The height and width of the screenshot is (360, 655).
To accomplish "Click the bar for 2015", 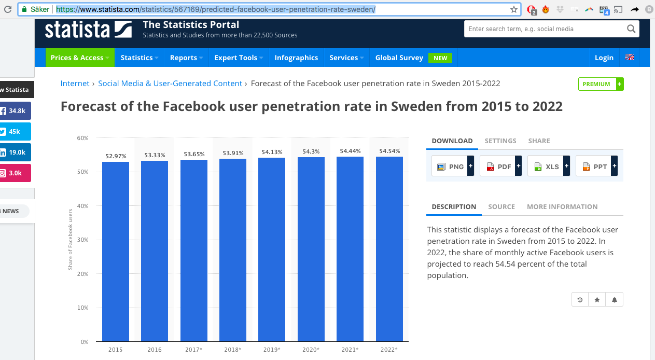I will coord(115,252).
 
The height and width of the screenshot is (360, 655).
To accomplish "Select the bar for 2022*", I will coord(389,249).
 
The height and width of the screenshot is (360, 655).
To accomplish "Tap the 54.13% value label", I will coord(272,152).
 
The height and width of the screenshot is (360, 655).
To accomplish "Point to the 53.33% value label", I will coord(155,155).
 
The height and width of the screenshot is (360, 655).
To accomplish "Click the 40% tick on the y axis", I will coord(82,206).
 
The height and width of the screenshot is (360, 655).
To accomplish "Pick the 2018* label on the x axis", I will coord(233,350).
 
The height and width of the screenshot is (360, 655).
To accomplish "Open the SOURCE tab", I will coord(501,206).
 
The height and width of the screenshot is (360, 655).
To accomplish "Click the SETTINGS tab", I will coord(500,141).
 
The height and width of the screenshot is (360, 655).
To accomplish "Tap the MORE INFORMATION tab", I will coord(562,206).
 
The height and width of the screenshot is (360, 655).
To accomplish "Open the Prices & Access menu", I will coord(80,58).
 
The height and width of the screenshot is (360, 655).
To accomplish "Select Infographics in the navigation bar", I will coord(296,58).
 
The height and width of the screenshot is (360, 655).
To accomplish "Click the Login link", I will coord(604,58).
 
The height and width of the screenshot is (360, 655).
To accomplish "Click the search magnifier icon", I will coord(631,29).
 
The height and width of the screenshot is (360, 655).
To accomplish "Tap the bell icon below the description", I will coord(614,300).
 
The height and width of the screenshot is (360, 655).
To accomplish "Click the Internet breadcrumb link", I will coord(75,84).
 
